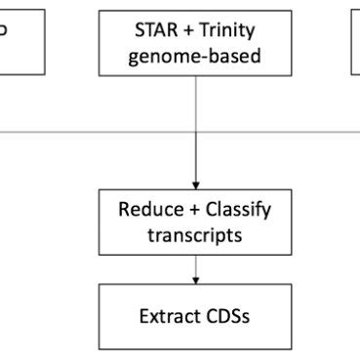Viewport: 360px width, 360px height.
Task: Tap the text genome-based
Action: (x=198, y=56)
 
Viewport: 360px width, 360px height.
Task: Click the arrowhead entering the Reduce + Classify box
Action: (x=196, y=185)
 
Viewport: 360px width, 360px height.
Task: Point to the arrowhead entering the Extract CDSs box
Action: (x=196, y=279)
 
